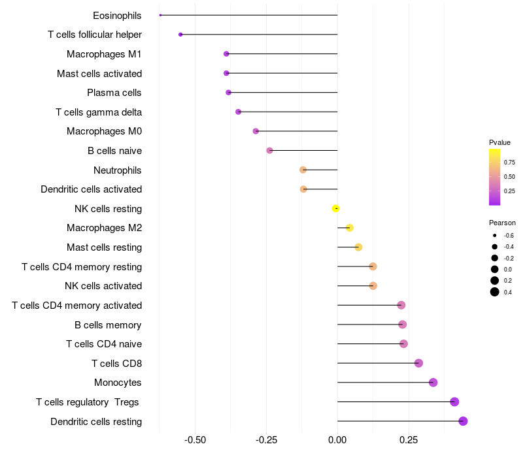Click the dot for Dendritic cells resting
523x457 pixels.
tap(463, 421)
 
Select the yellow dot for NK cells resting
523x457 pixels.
tap(335, 208)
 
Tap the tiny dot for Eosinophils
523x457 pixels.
tap(160, 15)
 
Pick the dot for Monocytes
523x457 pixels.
tap(433, 383)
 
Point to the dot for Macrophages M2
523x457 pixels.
tap(349, 228)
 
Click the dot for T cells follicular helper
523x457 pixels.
tap(180, 35)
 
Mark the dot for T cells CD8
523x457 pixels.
tap(418, 363)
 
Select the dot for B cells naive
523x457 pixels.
tap(269, 151)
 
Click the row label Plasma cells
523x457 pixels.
tap(114, 93)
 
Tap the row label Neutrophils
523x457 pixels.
tap(118, 170)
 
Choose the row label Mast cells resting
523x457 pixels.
tap(105, 247)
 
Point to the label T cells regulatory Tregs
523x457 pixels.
tap(88, 402)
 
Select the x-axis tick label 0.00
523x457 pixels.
tap(337, 441)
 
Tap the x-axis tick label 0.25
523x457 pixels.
tap(408, 441)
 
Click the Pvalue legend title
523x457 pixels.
tap(499, 142)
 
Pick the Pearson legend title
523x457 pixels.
tap(502, 223)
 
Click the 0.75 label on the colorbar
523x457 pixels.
tap(509, 162)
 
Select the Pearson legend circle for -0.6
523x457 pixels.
tap(495, 236)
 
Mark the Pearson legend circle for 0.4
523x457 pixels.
tap(495, 292)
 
